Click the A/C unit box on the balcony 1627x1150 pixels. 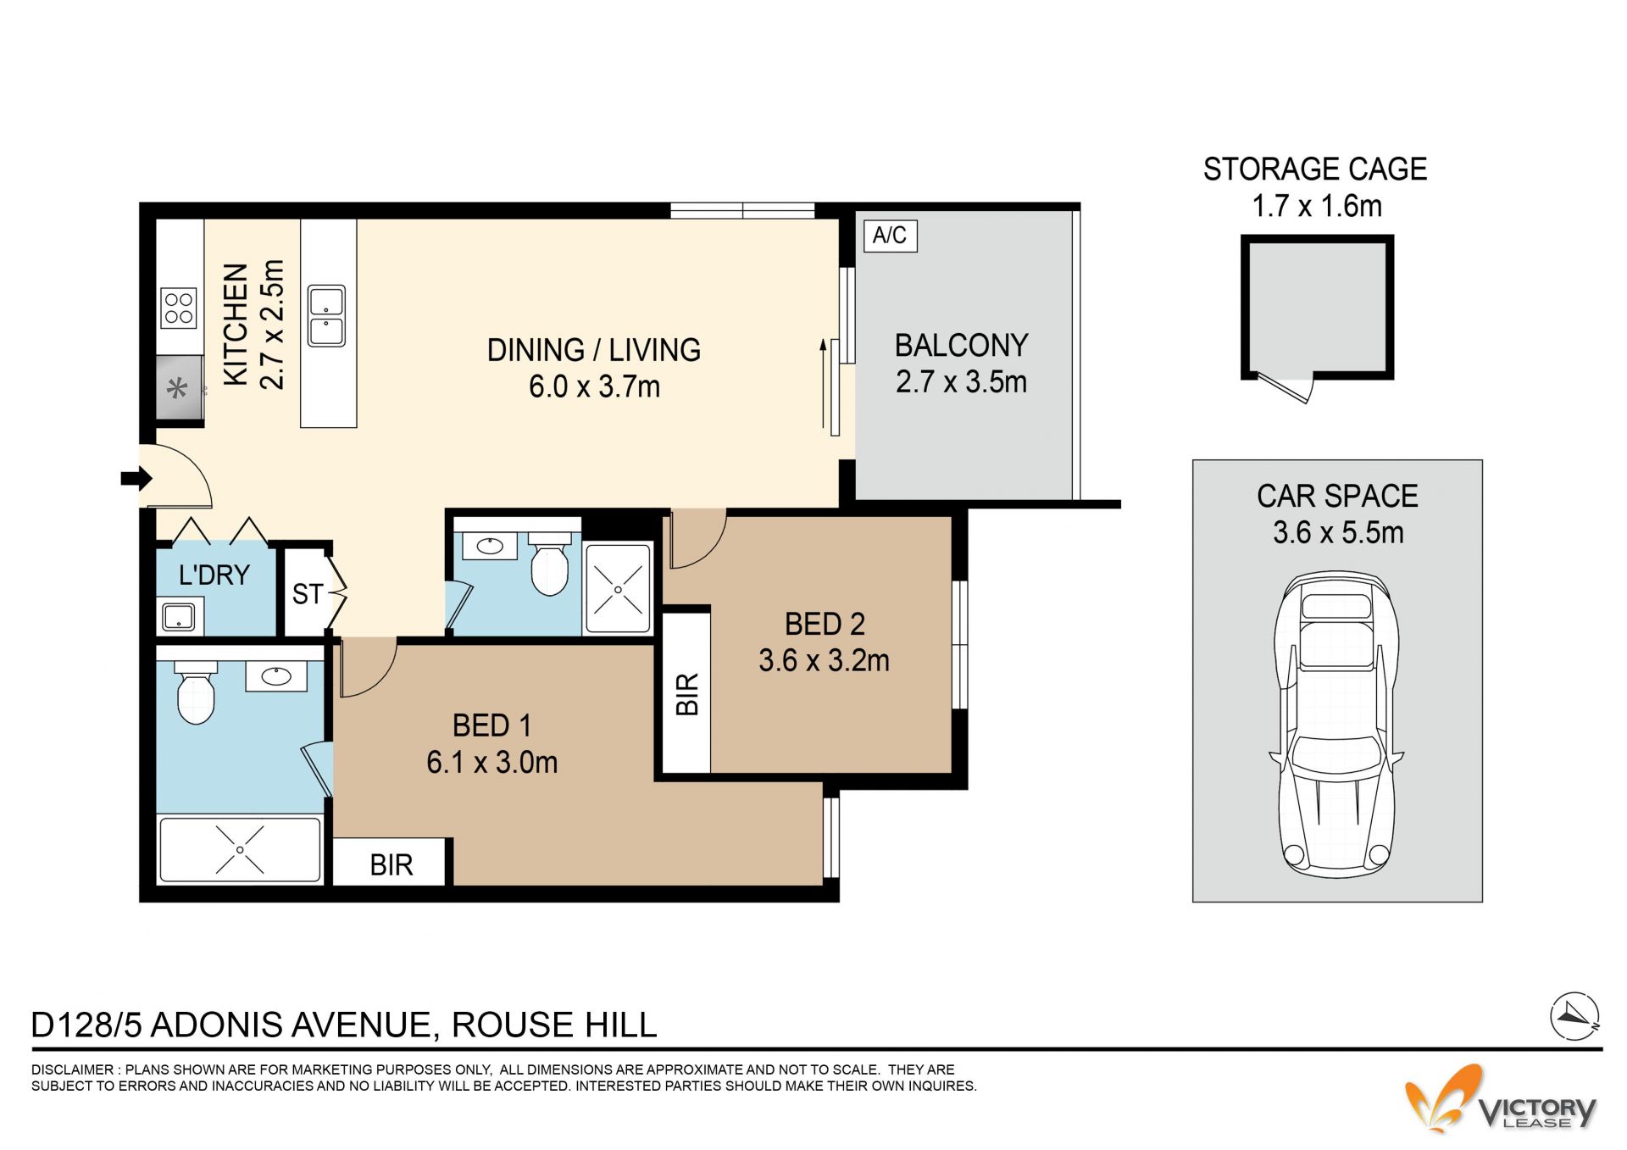[890, 235]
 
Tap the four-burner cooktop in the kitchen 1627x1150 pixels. [179, 308]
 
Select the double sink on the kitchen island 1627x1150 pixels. [326, 316]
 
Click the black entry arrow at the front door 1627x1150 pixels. [136, 479]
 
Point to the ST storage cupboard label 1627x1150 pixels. [307, 594]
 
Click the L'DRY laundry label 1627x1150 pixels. [214, 575]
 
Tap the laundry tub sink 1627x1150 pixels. [180, 616]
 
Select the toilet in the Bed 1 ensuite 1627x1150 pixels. [196, 693]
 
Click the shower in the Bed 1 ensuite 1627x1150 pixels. [240, 849]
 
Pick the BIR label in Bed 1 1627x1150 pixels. [391, 865]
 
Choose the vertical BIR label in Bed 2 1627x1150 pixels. [687, 694]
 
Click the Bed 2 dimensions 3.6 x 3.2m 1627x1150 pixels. [824, 661]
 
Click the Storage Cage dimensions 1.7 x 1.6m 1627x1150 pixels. [1317, 206]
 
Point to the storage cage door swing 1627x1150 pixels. [1286, 387]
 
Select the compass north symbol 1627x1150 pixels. [1574, 1015]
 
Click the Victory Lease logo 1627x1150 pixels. [1501, 1099]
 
